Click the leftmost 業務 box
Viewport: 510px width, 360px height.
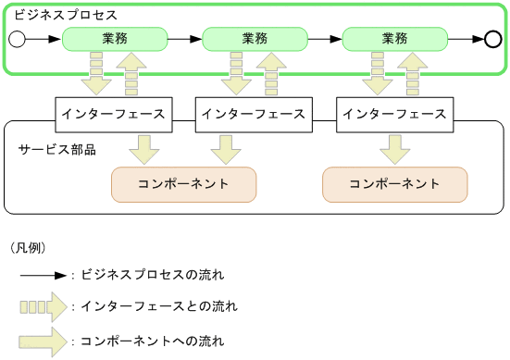click(x=114, y=39)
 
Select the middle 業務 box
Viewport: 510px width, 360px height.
click(x=255, y=39)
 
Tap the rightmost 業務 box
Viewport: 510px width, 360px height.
click(x=394, y=39)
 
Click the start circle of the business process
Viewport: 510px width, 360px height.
click(x=16, y=39)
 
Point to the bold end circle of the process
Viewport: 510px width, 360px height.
click(x=492, y=39)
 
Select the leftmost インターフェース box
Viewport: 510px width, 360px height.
click(x=113, y=114)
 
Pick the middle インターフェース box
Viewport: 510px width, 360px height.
click(x=253, y=114)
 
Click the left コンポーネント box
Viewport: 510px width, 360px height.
click(x=183, y=184)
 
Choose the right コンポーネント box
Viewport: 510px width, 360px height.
click(x=394, y=184)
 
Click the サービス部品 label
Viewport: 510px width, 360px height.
click(x=57, y=149)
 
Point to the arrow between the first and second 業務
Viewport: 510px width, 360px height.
click(x=184, y=39)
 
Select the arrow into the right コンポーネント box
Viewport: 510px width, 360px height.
click(x=395, y=149)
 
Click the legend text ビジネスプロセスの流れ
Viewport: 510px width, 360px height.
click(x=153, y=276)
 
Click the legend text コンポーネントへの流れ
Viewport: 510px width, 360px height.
click(x=153, y=341)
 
